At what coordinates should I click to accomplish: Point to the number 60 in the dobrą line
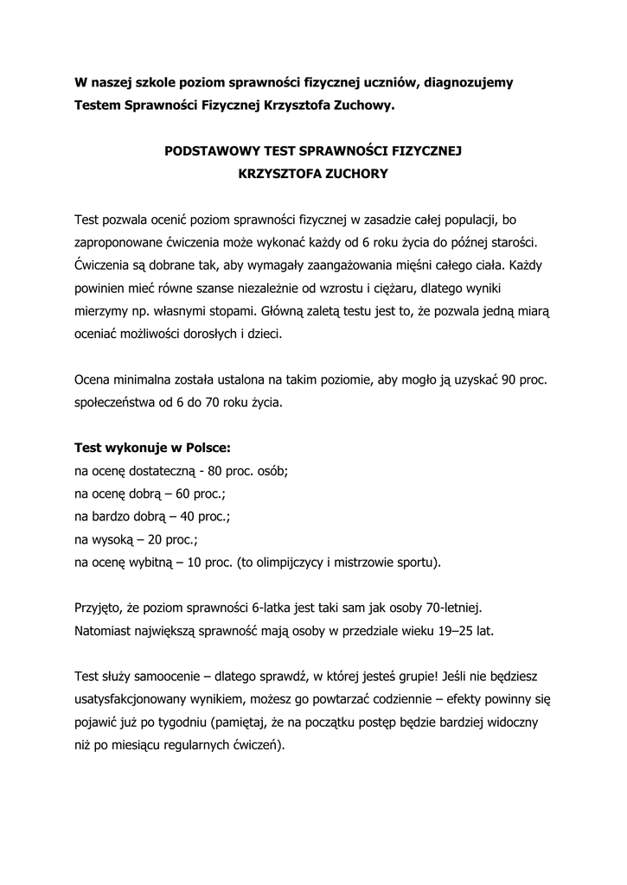(188, 493)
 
